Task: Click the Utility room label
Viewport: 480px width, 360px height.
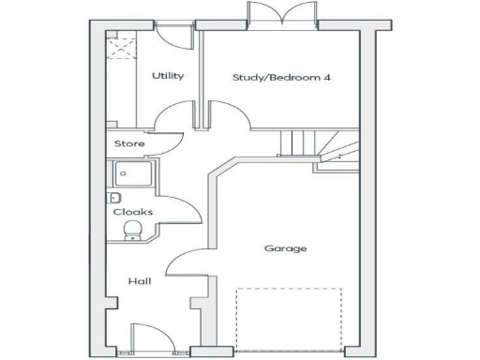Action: pyautogui.click(x=168, y=76)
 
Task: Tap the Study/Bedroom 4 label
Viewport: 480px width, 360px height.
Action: pyautogui.click(x=281, y=77)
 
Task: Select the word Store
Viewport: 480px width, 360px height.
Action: pyautogui.click(x=128, y=143)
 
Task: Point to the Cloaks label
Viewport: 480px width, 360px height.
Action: pyautogui.click(x=132, y=212)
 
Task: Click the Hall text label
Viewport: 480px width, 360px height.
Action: pyautogui.click(x=140, y=280)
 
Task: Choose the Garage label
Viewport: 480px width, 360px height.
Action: pyautogui.click(x=285, y=248)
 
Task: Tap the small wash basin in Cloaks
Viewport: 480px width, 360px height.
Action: pyautogui.click(x=113, y=198)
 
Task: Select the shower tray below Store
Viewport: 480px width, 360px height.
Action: pyautogui.click(x=133, y=175)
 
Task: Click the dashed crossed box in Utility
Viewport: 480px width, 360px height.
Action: pyautogui.click(x=120, y=45)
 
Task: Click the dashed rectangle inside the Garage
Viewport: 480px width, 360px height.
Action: pyautogui.click(x=288, y=319)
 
